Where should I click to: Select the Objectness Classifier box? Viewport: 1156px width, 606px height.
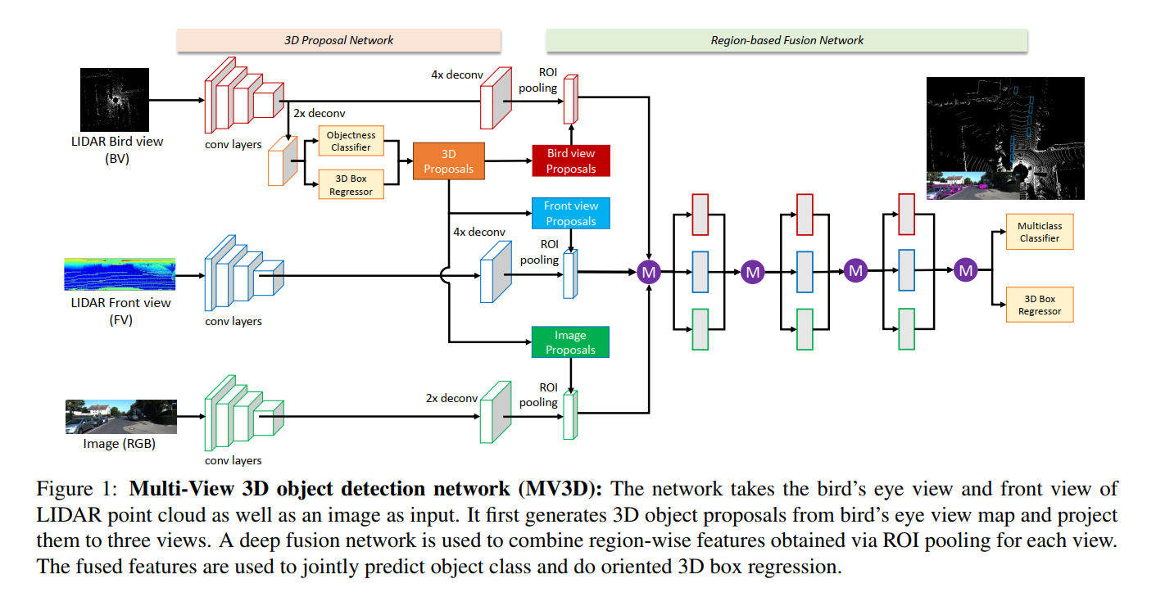coord(351,141)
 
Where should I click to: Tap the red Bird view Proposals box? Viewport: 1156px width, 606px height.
coord(570,161)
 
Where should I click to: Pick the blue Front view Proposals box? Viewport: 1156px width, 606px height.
coord(570,214)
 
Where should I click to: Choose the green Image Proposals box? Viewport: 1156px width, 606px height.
coord(570,342)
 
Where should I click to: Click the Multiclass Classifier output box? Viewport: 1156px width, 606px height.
coord(1039,232)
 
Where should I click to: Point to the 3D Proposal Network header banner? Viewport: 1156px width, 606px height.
coord(338,40)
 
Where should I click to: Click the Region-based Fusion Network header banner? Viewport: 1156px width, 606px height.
coord(787,40)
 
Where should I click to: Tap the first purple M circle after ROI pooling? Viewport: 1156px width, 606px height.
coord(649,271)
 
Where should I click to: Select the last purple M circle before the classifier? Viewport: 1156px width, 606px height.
coord(966,269)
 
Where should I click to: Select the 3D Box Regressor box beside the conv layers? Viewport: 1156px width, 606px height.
coord(351,184)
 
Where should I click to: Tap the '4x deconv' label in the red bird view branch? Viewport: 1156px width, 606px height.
coord(456,74)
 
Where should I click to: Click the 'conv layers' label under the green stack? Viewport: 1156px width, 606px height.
coord(233,460)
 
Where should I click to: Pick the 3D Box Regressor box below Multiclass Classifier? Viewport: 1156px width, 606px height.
coord(1039,305)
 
